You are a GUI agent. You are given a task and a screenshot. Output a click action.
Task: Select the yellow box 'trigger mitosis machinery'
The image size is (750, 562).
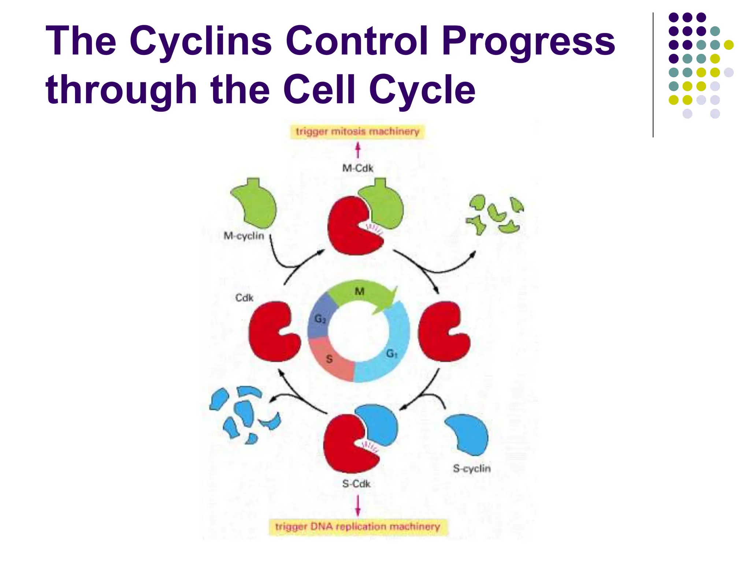point(357,131)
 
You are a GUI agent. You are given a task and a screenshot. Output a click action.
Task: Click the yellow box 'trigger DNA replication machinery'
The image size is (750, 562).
point(358,527)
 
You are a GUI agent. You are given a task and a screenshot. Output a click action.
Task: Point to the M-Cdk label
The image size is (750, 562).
point(358,168)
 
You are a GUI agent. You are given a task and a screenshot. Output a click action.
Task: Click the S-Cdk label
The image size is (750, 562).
point(356,484)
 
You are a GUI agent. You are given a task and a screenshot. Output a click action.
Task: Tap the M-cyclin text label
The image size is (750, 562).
point(244,236)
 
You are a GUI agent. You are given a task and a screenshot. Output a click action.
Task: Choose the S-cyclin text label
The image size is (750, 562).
point(472,468)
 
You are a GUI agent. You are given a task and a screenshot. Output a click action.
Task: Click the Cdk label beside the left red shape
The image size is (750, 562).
point(244,298)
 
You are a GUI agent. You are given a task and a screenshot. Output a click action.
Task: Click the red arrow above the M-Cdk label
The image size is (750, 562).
point(358,150)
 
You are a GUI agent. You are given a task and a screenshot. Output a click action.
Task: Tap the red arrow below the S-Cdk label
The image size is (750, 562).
point(358,505)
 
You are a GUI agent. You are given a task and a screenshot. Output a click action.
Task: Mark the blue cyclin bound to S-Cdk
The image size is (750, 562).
point(379,424)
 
